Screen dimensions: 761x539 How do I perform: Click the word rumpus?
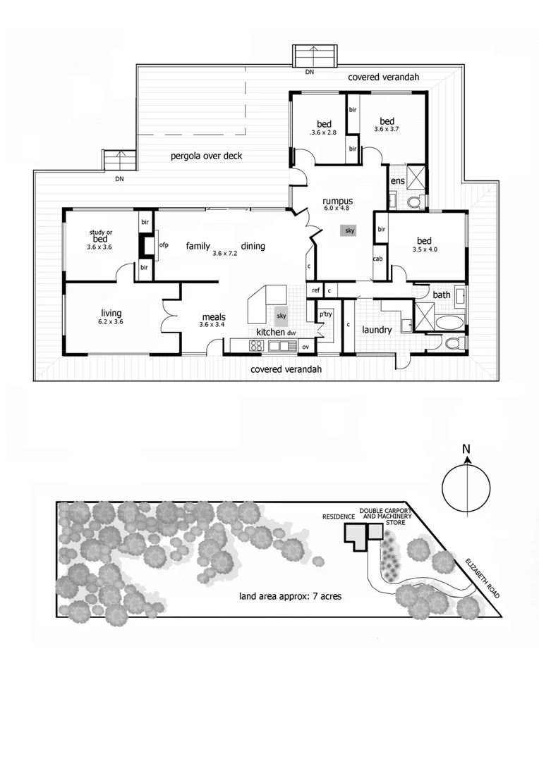[x=338, y=199]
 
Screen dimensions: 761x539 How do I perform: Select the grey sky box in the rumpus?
[x=350, y=230]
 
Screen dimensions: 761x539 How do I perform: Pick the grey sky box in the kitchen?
[x=281, y=316]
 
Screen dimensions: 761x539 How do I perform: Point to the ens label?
[x=398, y=181]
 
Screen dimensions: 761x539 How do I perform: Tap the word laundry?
[x=376, y=330]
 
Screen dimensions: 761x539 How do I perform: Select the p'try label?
[x=325, y=314]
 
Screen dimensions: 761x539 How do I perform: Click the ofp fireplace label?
[x=164, y=245]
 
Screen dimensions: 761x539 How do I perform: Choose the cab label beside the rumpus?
[x=377, y=259]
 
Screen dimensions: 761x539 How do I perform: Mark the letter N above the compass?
[x=466, y=450]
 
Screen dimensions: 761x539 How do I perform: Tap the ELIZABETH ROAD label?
[x=482, y=578]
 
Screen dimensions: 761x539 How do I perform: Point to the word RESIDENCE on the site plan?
[x=339, y=516]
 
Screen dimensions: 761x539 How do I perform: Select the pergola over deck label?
[x=207, y=156]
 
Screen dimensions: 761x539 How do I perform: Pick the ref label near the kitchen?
[x=315, y=290]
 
